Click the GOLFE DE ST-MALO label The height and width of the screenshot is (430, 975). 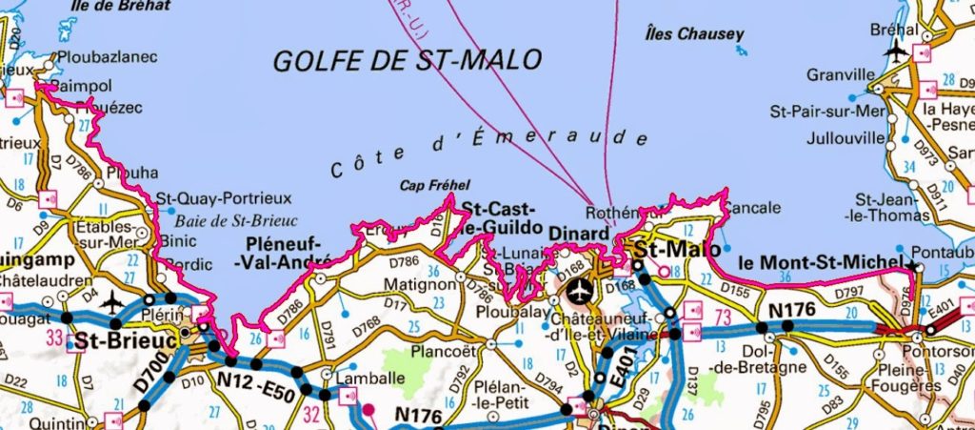click(408, 61)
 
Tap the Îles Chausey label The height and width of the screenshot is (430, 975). click(694, 34)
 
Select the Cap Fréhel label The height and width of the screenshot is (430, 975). click(435, 186)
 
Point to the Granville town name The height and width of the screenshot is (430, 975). click(840, 74)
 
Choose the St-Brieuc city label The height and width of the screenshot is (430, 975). click(114, 339)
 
